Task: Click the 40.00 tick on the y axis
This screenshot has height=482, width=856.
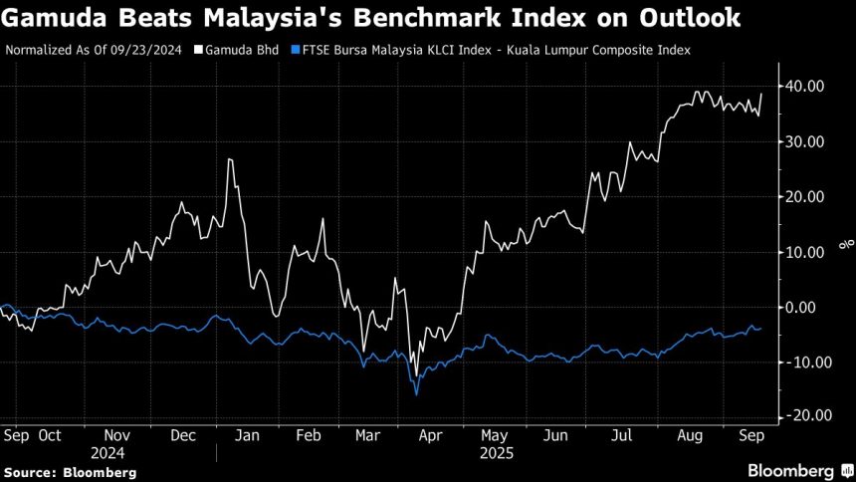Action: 800,87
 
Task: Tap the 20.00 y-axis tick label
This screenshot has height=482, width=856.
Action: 800,197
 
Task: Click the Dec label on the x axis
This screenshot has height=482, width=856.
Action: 182,435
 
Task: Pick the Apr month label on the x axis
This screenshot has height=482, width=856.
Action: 430,435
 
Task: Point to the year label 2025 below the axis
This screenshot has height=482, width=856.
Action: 495,453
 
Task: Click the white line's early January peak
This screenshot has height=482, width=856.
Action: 230,159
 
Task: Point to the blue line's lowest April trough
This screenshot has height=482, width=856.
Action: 416,394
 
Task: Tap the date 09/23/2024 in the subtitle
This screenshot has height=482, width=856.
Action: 148,49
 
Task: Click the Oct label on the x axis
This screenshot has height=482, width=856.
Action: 49,435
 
